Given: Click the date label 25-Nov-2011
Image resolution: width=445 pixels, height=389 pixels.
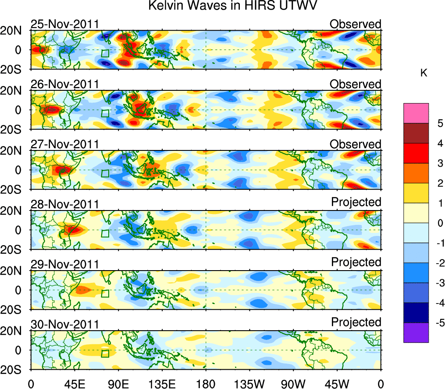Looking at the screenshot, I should [x=64, y=24].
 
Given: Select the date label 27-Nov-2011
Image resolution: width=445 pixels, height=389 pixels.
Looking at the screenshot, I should [x=64, y=144].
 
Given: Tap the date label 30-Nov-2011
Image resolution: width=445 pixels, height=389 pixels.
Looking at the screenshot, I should [x=64, y=324].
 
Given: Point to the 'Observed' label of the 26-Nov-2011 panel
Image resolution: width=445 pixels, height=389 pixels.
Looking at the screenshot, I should [x=356, y=84].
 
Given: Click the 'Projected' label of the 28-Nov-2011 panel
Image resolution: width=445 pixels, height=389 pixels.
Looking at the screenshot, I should [x=356, y=202].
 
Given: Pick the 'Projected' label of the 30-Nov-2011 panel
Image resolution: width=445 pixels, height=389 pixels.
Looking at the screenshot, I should [x=356, y=322].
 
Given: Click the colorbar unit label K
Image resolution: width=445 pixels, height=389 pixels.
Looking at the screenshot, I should [x=424, y=73].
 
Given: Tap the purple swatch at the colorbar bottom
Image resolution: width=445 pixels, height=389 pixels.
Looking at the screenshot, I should [x=416, y=332].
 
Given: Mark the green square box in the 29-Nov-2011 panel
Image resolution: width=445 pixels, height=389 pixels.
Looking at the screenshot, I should [x=105, y=293].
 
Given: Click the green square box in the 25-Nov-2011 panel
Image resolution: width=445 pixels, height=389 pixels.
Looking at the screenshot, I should [x=105, y=54].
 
